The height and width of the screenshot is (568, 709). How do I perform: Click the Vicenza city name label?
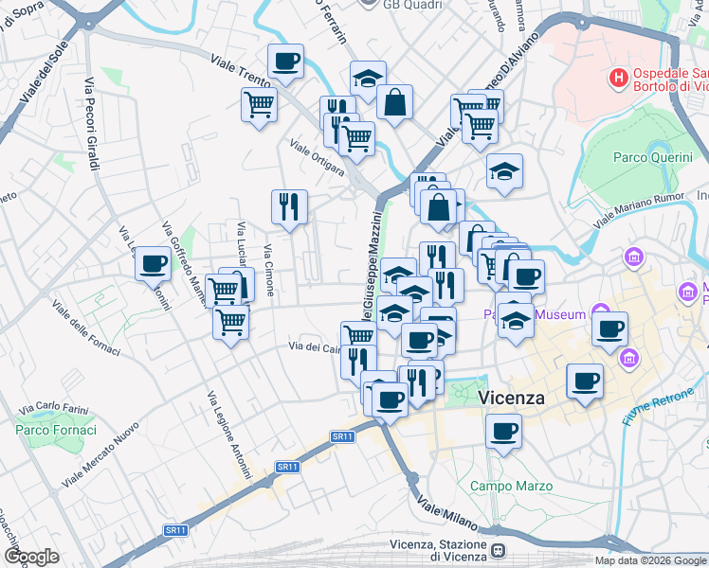pyautogui.click(x=512, y=398)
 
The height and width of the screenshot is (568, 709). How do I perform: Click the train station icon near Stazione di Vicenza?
pyautogui.click(x=500, y=550)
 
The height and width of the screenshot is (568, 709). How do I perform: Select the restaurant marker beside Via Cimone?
pyautogui.click(x=289, y=206)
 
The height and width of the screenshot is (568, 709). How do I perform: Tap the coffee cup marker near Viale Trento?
pyautogui.click(x=285, y=63)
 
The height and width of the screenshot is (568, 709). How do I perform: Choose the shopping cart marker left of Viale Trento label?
pyautogui.click(x=259, y=103)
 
